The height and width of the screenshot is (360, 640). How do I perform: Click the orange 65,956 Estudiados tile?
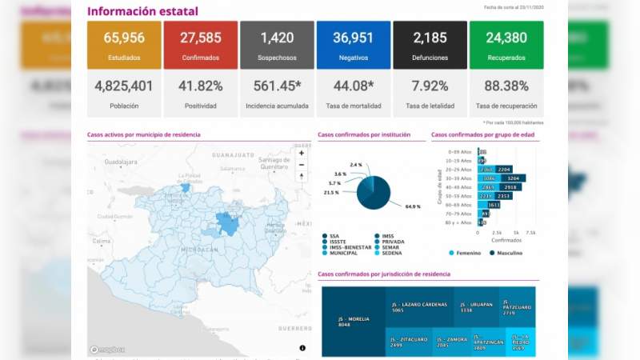pyautogui.click(x=123, y=45)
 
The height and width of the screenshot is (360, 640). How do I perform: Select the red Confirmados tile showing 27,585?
pyautogui.click(x=200, y=45)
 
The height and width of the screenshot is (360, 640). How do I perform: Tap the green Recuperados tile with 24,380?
pyautogui.click(x=506, y=45)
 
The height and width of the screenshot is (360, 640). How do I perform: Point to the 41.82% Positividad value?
pyautogui.click(x=200, y=86)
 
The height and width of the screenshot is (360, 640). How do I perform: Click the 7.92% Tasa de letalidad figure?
pyautogui.click(x=430, y=86)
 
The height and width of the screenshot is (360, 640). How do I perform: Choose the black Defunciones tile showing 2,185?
pyautogui.click(x=430, y=45)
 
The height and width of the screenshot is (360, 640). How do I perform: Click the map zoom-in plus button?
pyautogui.click(x=302, y=153)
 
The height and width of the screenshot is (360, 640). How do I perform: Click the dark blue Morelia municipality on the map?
pyautogui.click(x=228, y=225)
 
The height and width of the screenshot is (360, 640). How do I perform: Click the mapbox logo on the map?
pyautogui.click(x=106, y=349)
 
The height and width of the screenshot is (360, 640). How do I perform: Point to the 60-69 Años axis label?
pyautogui.click(x=461, y=205)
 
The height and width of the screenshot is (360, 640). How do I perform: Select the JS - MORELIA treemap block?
pyautogui.click(x=353, y=321)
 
